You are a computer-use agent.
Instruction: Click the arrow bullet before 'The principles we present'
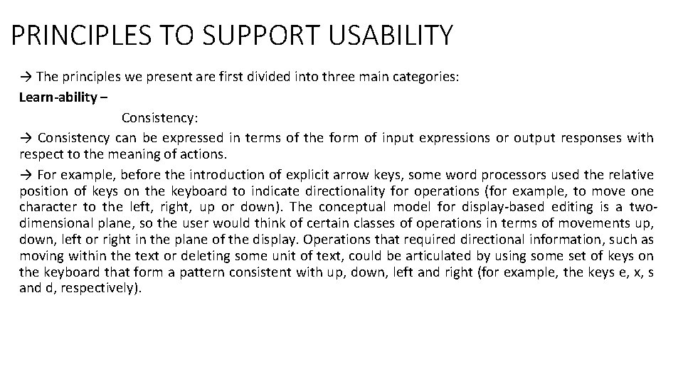pos(25,77)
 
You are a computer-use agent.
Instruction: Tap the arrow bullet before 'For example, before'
pos(25,174)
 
